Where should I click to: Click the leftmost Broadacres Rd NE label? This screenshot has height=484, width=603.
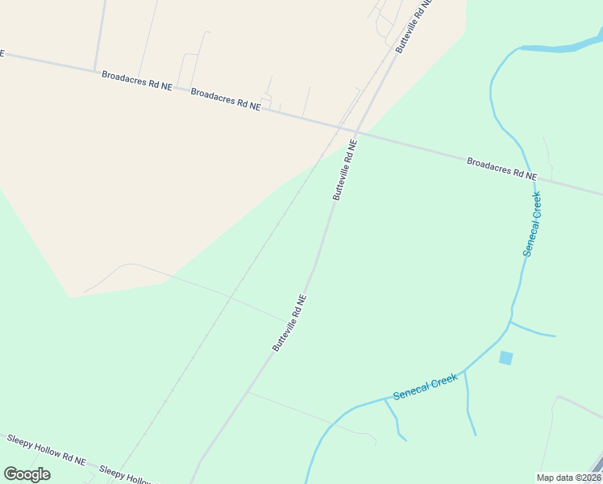[x=137, y=79]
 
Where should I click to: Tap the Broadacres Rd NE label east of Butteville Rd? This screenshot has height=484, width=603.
[x=502, y=169]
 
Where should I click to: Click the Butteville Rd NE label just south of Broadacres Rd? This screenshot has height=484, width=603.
[x=344, y=169]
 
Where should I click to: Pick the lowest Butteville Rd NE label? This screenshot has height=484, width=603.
[x=289, y=322]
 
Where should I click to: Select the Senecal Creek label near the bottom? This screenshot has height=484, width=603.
[x=425, y=386]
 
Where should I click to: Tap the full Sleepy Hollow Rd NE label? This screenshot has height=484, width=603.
[x=46, y=450]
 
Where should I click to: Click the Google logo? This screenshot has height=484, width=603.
[x=27, y=474]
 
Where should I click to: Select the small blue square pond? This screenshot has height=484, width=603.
[x=505, y=357]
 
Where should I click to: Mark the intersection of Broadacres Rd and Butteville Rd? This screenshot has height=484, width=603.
[x=356, y=131]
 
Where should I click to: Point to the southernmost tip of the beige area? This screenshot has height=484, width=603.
[x=70, y=297]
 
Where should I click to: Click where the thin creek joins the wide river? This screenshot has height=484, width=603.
[x=520, y=48]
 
